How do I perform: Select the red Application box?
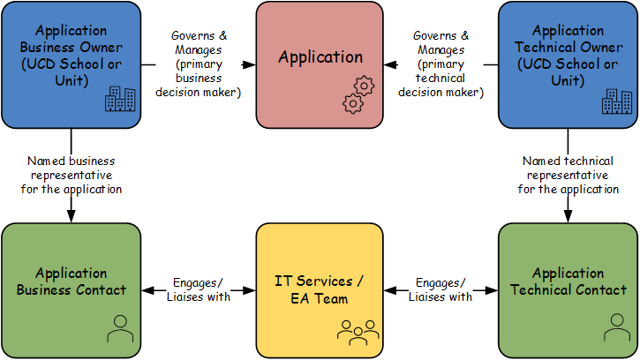pos(320,62)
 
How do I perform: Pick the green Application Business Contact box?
pos(71,289)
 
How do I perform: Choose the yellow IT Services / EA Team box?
pos(320,289)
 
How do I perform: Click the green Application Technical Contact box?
pos(568,289)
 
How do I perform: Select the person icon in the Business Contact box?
pos(119,330)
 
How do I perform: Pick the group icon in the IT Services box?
pos(357,330)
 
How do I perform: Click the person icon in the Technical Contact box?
pos(615,329)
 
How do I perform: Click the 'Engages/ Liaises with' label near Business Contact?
pos(199,289)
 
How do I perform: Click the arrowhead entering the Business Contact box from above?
pos(71,218)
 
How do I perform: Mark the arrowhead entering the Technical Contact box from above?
pos(568,218)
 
